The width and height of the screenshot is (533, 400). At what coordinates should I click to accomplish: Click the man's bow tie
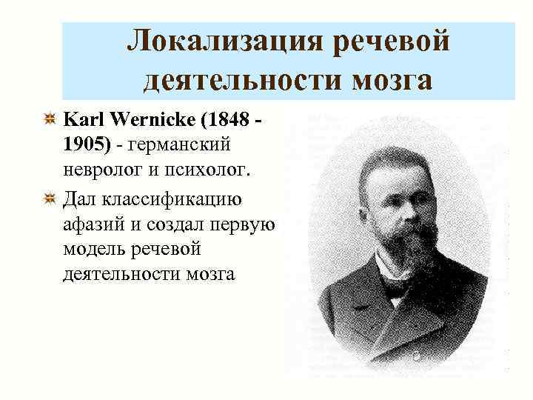[x=394, y=291]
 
